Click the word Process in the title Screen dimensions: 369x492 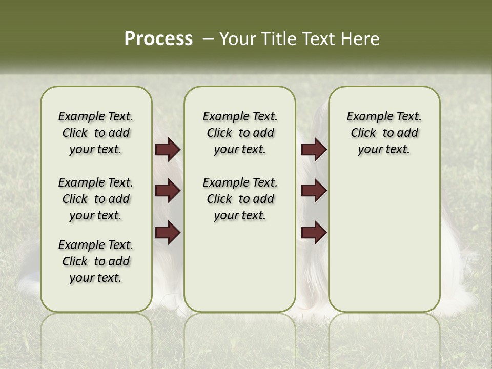[x=158, y=38]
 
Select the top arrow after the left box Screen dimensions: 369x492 [x=168, y=150]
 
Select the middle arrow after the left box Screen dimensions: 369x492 [x=168, y=191]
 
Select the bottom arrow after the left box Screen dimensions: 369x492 [x=168, y=233]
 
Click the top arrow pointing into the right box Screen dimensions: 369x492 [x=314, y=150]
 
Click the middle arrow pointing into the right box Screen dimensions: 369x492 [x=314, y=191]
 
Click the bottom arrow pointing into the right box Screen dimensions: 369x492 [x=314, y=233]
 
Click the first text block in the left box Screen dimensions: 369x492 [x=96, y=133]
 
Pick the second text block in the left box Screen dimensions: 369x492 [x=96, y=199]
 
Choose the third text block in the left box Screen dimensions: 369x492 [x=96, y=261]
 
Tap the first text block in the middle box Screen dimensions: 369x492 [x=240, y=133]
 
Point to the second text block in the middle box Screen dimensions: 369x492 [x=240, y=199]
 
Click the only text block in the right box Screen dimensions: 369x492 [x=384, y=133]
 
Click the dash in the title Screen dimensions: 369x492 [x=208, y=39]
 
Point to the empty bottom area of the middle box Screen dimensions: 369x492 [x=240, y=272]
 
